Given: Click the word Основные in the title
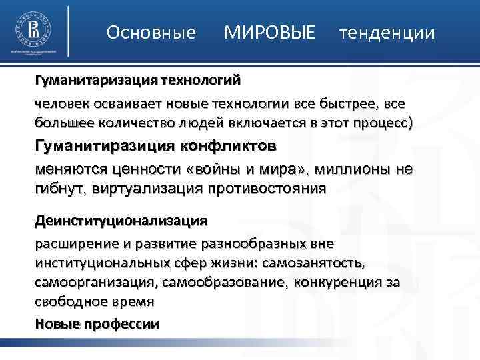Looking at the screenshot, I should (x=151, y=33).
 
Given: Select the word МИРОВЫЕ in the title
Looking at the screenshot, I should (x=269, y=32).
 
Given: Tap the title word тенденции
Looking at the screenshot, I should (x=387, y=33).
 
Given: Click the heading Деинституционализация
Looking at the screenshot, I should (x=121, y=220).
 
